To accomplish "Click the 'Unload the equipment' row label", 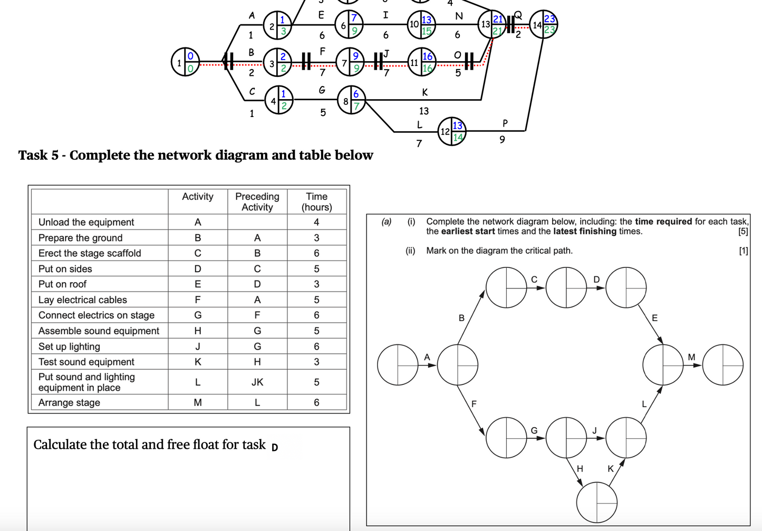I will [x=86, y=222].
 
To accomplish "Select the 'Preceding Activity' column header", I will [x=257, y=201].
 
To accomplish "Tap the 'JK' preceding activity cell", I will [x=257, y=382].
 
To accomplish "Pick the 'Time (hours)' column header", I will [x=316, y=201].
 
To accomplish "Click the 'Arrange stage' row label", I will [x=69, y=402].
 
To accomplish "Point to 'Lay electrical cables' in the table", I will [x=82, y=300].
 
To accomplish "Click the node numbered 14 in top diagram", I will [x=543, y=24].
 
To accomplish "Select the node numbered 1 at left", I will [x=185, y=62].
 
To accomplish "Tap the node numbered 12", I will [x=451, y=131].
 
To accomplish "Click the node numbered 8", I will [x=351, y=100].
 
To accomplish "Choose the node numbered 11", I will [x=421, y=62].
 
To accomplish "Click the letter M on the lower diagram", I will [x=691, y=357].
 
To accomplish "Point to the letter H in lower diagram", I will [x=580, y=468].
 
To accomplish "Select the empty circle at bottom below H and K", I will [x=596, y=503].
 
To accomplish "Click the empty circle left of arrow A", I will [x=398, y=364].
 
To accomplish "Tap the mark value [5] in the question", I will [x=742, y=231].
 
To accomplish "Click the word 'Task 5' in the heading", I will [x=38, y=155].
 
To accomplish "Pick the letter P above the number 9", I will [x=505, y=123].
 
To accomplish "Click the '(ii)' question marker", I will [x=410, y=250].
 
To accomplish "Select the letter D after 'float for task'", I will [x=274, y=447].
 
